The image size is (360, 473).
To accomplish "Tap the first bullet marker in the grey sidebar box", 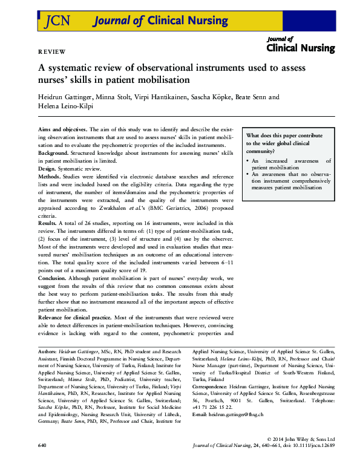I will [249, 161].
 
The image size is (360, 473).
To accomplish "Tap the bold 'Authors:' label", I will [47, 351].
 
